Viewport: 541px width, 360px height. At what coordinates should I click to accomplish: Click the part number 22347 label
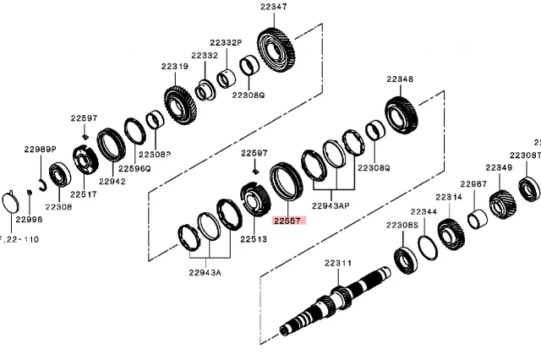click(273, 7)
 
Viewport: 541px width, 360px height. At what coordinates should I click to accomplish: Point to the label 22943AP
click(331, 205)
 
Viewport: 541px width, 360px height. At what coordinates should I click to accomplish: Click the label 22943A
click(205, 272)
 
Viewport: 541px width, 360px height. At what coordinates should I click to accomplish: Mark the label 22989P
click(39, 149)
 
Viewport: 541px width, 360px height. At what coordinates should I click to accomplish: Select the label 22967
click(473, 183)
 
